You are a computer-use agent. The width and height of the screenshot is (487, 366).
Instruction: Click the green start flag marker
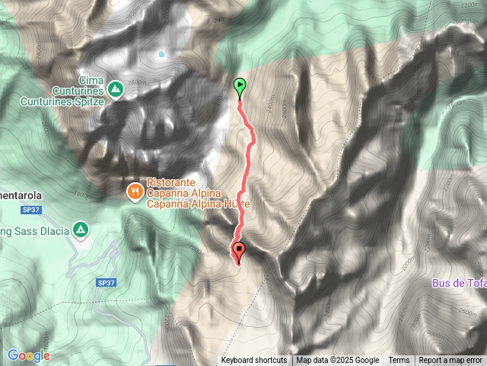click(240, 87)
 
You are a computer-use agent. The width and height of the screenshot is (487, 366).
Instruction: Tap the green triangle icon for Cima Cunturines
click(115, 89)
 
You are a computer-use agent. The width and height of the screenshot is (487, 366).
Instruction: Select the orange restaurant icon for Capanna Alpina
click(134, 191)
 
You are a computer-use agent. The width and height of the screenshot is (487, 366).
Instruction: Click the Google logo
click(28, 355)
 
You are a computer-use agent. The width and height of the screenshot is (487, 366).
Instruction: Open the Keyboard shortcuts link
click(254, 361)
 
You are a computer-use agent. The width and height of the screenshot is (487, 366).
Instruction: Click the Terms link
click(399, 361)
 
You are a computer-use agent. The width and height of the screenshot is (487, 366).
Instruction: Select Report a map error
click(450, 361)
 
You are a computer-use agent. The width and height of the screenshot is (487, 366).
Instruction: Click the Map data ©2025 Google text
click(338, 361)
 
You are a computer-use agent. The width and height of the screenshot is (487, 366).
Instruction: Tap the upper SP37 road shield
click(20, 211)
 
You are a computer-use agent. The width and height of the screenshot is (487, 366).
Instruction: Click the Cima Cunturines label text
click(78, 79)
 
